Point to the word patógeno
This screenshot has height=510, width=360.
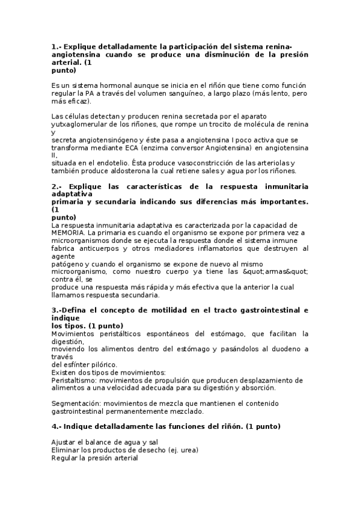pos(68,263)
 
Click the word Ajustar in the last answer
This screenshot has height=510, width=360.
pos(64,442)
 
